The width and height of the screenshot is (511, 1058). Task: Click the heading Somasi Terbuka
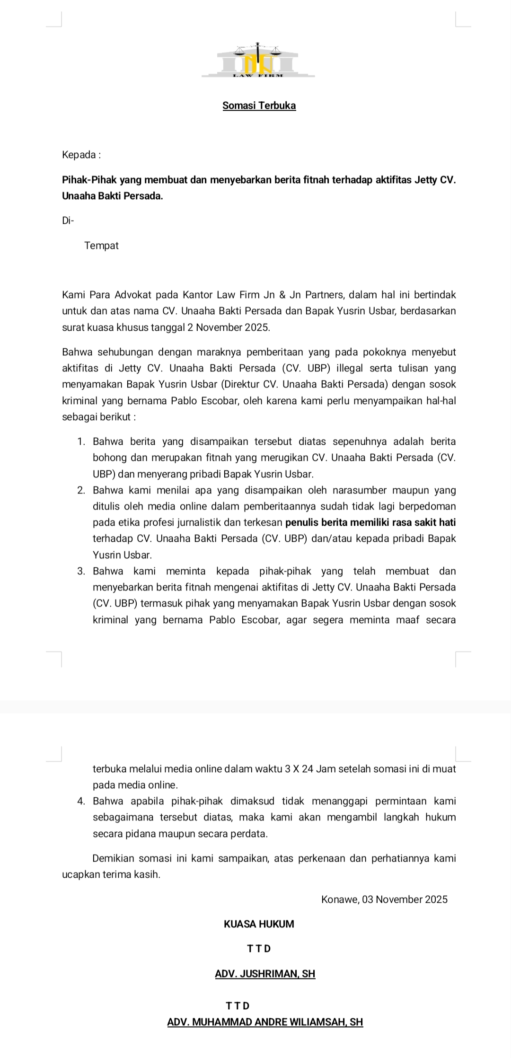(259, 106)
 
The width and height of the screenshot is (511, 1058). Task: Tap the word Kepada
(79, 155)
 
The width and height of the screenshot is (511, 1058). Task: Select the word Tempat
(101, 246)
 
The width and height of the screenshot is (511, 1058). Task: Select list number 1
(81, 441)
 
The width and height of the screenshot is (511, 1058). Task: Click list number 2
(81, 490)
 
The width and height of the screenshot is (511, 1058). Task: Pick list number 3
(81, 571)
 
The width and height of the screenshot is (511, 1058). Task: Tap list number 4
(81, 801)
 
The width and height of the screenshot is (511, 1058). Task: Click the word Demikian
(114, 858)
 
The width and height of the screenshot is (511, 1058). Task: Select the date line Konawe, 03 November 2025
(384, 899)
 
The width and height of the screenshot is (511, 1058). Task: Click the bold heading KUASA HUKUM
(259, 924)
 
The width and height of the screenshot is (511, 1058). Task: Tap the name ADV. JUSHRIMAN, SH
(265, 974)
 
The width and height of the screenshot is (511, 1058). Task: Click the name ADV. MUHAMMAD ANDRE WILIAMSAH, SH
(265, 1022)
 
